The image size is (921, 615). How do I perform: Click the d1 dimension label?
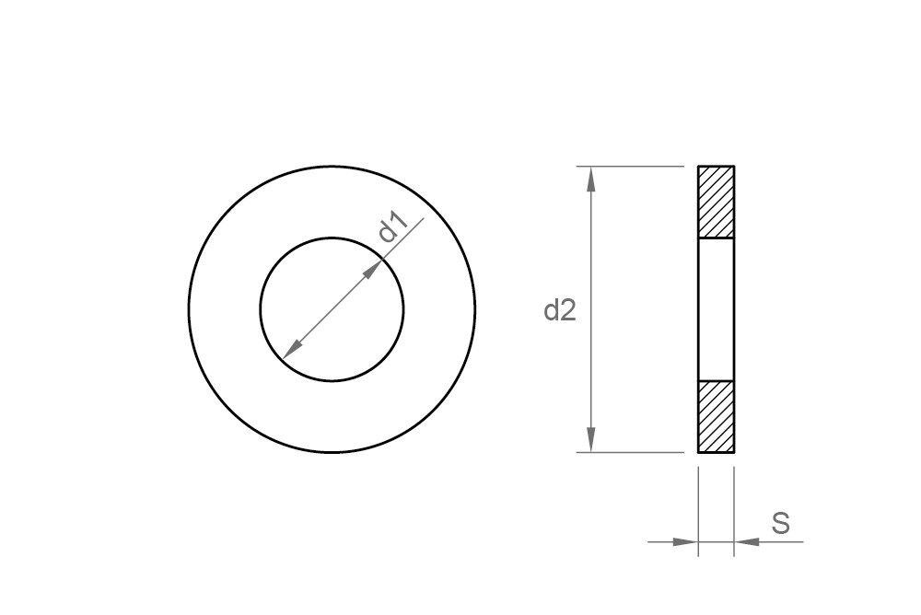[x=393, y=226]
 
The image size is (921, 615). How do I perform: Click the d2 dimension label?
[x=559, y=311]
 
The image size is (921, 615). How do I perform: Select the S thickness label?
[x=781, y=524]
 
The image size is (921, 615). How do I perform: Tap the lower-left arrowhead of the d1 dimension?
[x=289, y=350]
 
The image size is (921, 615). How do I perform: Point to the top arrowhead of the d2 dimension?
[x=591, y=178]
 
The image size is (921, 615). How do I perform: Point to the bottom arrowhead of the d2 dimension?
[x=591, y=441]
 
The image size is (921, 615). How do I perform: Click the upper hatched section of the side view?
[x=716, y=202]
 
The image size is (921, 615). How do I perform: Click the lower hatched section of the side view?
[x=716, y=416]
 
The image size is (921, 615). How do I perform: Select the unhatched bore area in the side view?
[x=716, y=309]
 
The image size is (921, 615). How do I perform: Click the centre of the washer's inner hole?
[x=332, y=309]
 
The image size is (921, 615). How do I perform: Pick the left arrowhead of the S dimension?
[x=685, y=541]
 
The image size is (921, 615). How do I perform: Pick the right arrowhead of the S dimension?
[x=746, y=541]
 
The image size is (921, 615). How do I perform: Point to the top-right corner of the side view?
[x=734, y=167]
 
